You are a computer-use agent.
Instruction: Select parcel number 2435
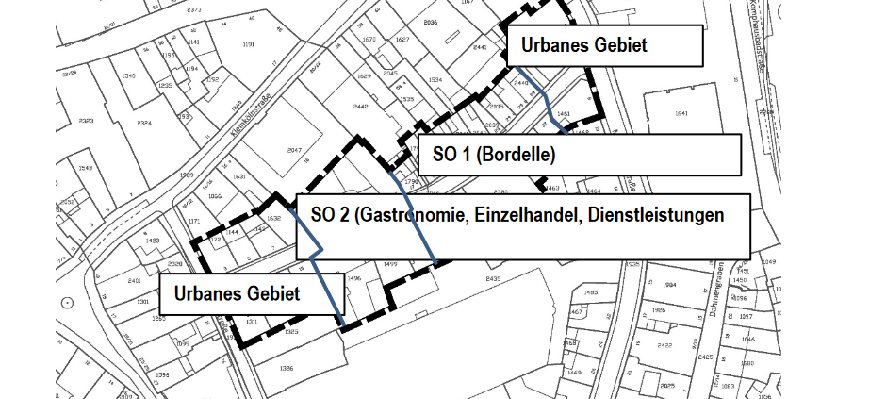point(493,280)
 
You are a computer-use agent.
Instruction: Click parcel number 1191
point(249,44)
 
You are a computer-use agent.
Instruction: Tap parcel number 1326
point(287,367)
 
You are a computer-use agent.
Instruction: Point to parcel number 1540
point(129,75)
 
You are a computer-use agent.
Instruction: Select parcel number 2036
point(432,21)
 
